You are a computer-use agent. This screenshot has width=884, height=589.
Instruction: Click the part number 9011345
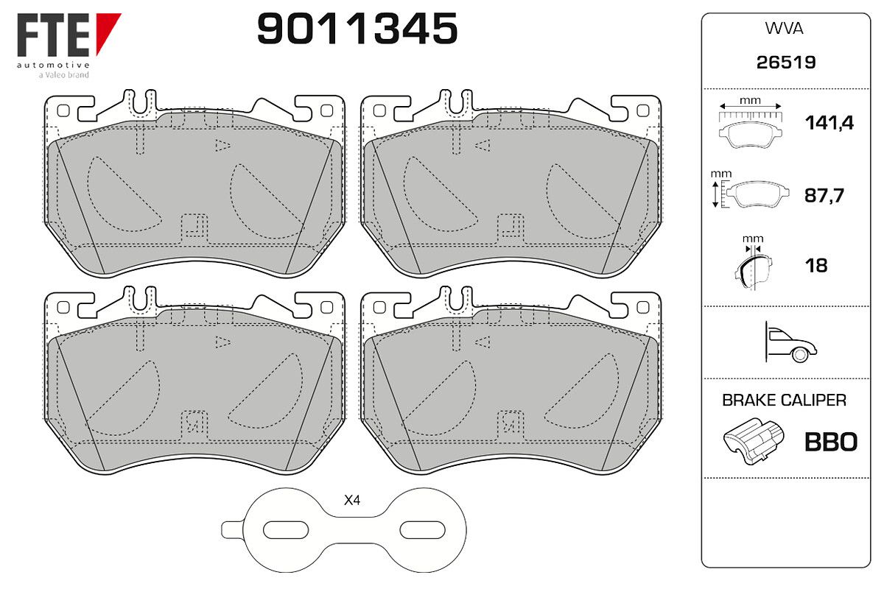click(357, 29)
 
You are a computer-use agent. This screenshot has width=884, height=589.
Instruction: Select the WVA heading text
click(784, 29)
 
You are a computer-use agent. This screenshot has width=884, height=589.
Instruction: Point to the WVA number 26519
click(786, 63)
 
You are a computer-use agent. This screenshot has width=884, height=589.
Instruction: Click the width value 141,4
click(829, 123)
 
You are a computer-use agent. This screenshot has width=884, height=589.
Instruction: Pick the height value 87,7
click(824, 195)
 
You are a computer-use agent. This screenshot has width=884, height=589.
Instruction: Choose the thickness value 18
click(816, 266)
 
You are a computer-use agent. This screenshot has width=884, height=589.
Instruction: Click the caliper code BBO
click(831, 442)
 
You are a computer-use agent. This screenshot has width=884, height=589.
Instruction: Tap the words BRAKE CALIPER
click(784, 401)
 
